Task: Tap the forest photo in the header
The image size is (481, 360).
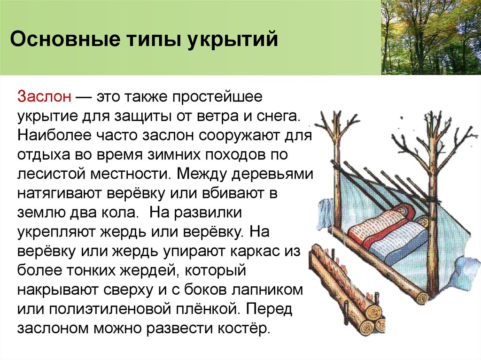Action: click(431, 37)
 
